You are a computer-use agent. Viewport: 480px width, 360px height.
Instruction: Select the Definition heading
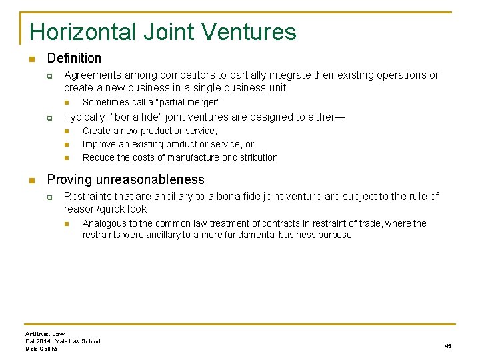(x=74, y=59)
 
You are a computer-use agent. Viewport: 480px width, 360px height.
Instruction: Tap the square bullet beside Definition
(x=31, y=59)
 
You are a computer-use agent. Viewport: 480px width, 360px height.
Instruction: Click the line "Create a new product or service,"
(x=149, y=131)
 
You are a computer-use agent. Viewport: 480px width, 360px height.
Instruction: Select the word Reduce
(x=99, y=157)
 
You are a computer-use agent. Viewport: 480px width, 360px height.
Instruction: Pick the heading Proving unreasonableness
(x=125, y=180)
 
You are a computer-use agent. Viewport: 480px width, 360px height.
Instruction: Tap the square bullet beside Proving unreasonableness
(x=31, y=180)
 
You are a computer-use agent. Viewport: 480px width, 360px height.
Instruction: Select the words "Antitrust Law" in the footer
(x=45, y=333)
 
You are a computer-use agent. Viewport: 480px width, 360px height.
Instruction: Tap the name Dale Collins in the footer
(x=41, y=349)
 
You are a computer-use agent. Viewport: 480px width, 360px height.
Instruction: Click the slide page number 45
(x=447, y=345)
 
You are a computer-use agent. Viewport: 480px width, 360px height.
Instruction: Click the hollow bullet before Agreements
(x=49, y=75)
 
